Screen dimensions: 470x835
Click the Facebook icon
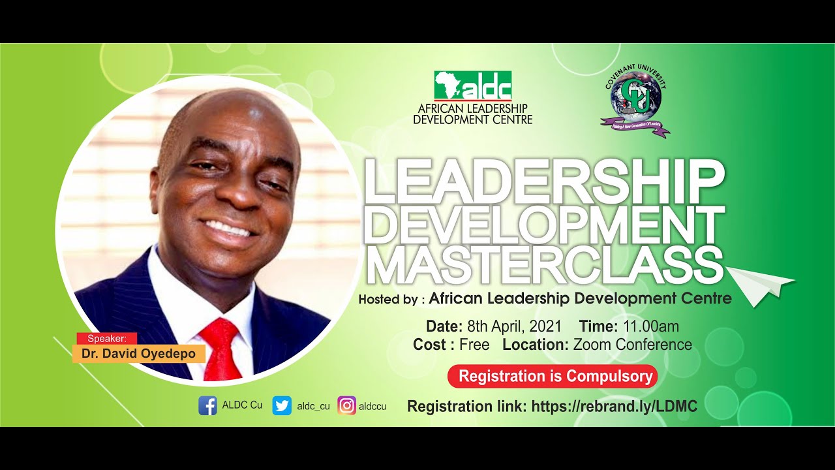[207, 405]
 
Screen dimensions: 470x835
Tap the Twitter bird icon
[282, 405]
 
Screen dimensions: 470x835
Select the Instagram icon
[347, 405]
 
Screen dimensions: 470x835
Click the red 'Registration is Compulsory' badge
[552, 377]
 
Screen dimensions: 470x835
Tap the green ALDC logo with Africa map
[473, 86]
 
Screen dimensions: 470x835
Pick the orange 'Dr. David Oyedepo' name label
[138, 354]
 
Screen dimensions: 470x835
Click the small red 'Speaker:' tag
[107, 338]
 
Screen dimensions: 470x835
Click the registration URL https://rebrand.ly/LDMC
[615, 407]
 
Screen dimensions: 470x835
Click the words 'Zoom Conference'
[632, 345]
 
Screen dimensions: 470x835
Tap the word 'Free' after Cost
[474, 345]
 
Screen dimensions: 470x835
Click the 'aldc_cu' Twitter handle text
[313, 406]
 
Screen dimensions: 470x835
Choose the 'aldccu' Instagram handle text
[372, 406]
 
